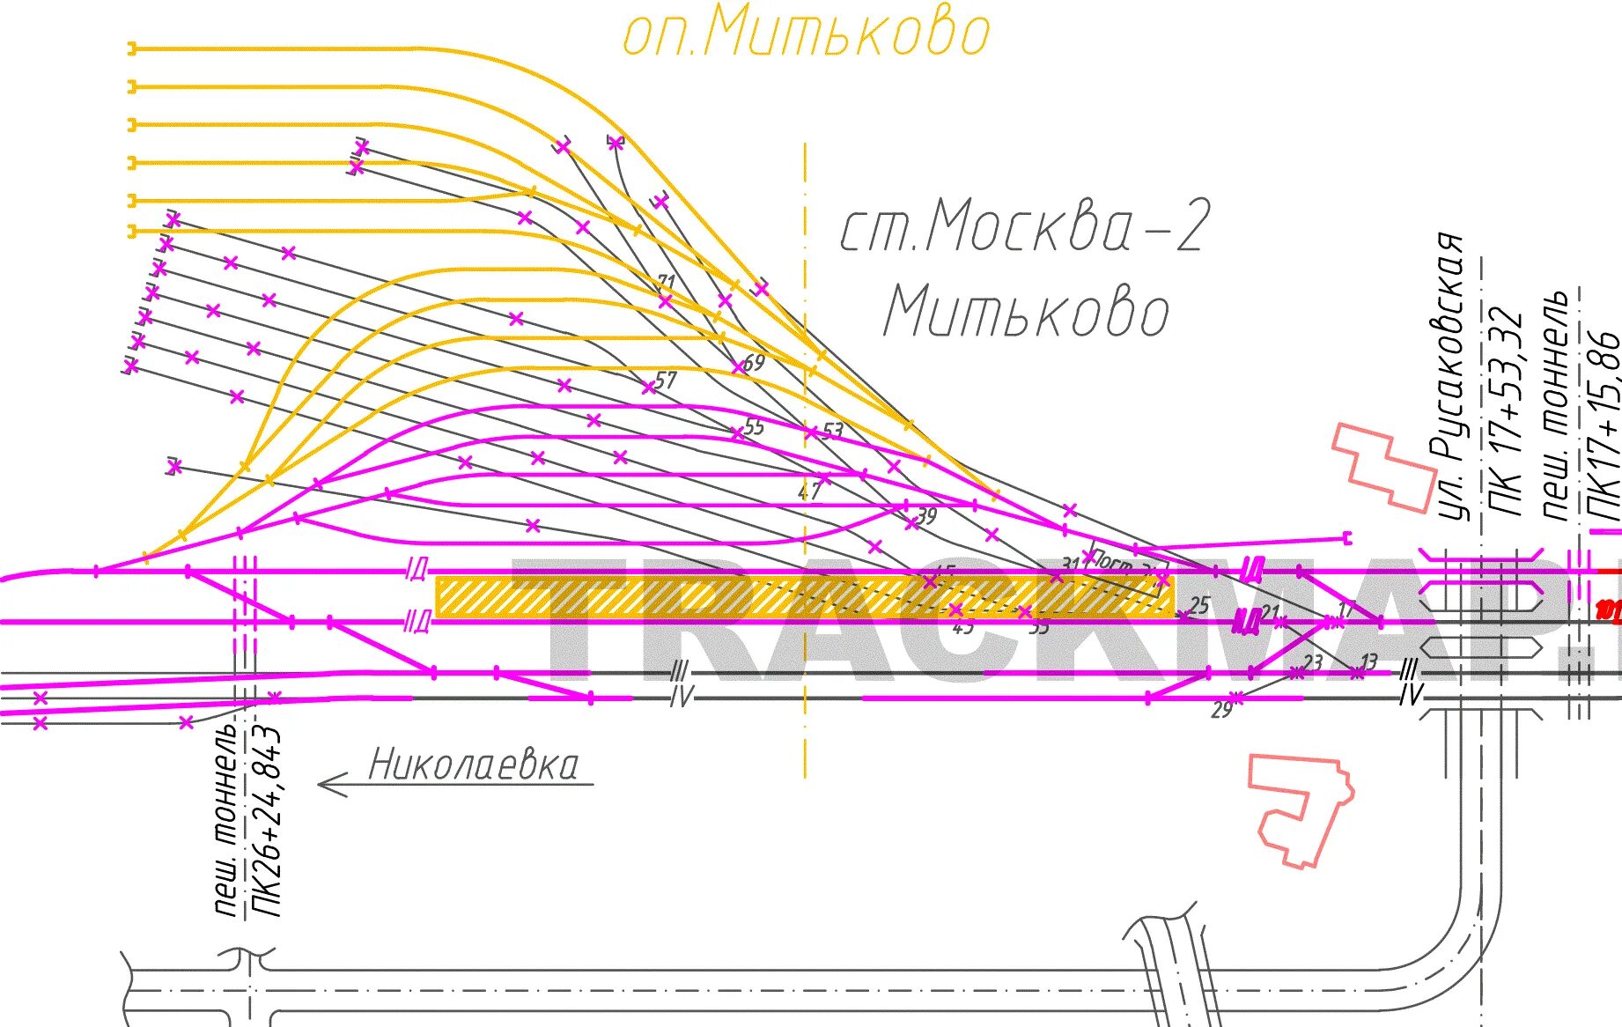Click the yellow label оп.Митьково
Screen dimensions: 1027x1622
tap(806, 33)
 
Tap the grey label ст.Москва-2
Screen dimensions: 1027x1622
tap(1024, 226)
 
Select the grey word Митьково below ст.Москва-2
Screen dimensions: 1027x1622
tap(1026, 313)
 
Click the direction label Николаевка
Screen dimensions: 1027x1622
tap(474, 765)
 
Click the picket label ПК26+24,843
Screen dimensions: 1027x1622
tap(267, 822)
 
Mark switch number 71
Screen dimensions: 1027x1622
tap(667, 283)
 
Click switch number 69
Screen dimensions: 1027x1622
tap(754, 362)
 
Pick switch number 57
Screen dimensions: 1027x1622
tap(666, 380)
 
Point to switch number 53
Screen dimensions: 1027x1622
tap(832, 431)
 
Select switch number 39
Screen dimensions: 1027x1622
tap(926, 515)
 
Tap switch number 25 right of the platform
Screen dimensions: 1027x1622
tap(1199, 605)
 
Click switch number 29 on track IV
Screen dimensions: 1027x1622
tap(1221, 710)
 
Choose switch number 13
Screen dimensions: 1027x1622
tap(1368, 661)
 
